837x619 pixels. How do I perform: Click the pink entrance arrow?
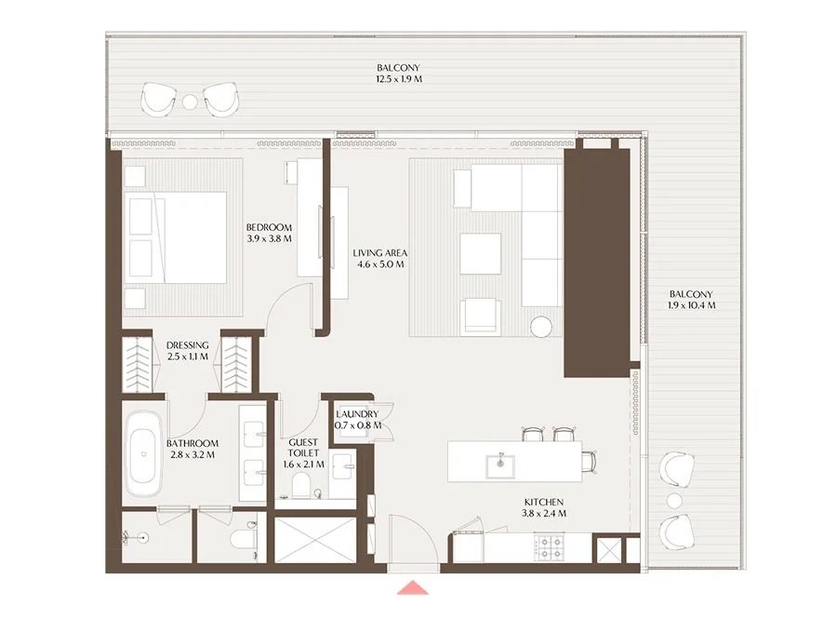(413, 587)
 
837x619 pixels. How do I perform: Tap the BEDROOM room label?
(269, 227)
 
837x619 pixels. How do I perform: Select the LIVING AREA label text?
(380, 253)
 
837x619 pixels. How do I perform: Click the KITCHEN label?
(544, 502)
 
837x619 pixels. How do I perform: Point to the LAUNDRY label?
(357, 414)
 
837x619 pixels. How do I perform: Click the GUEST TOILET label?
(303, 448)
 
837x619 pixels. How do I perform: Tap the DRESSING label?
(187, 345)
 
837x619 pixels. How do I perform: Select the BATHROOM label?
(193, 443)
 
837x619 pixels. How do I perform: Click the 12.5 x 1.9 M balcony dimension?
(398, 79)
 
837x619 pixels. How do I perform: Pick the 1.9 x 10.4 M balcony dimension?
(691, 305)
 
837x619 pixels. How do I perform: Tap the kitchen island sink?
(500, 465)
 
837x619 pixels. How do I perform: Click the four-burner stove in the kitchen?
(550, 547)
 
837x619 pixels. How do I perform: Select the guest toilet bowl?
(301, 484)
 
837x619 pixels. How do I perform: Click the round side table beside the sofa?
(541, 327)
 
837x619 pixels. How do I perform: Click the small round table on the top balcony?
(190, 101)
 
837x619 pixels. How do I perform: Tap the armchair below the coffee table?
(481, 316)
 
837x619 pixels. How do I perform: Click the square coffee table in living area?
(481, 254)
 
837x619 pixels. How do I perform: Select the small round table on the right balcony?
(675, 501)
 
